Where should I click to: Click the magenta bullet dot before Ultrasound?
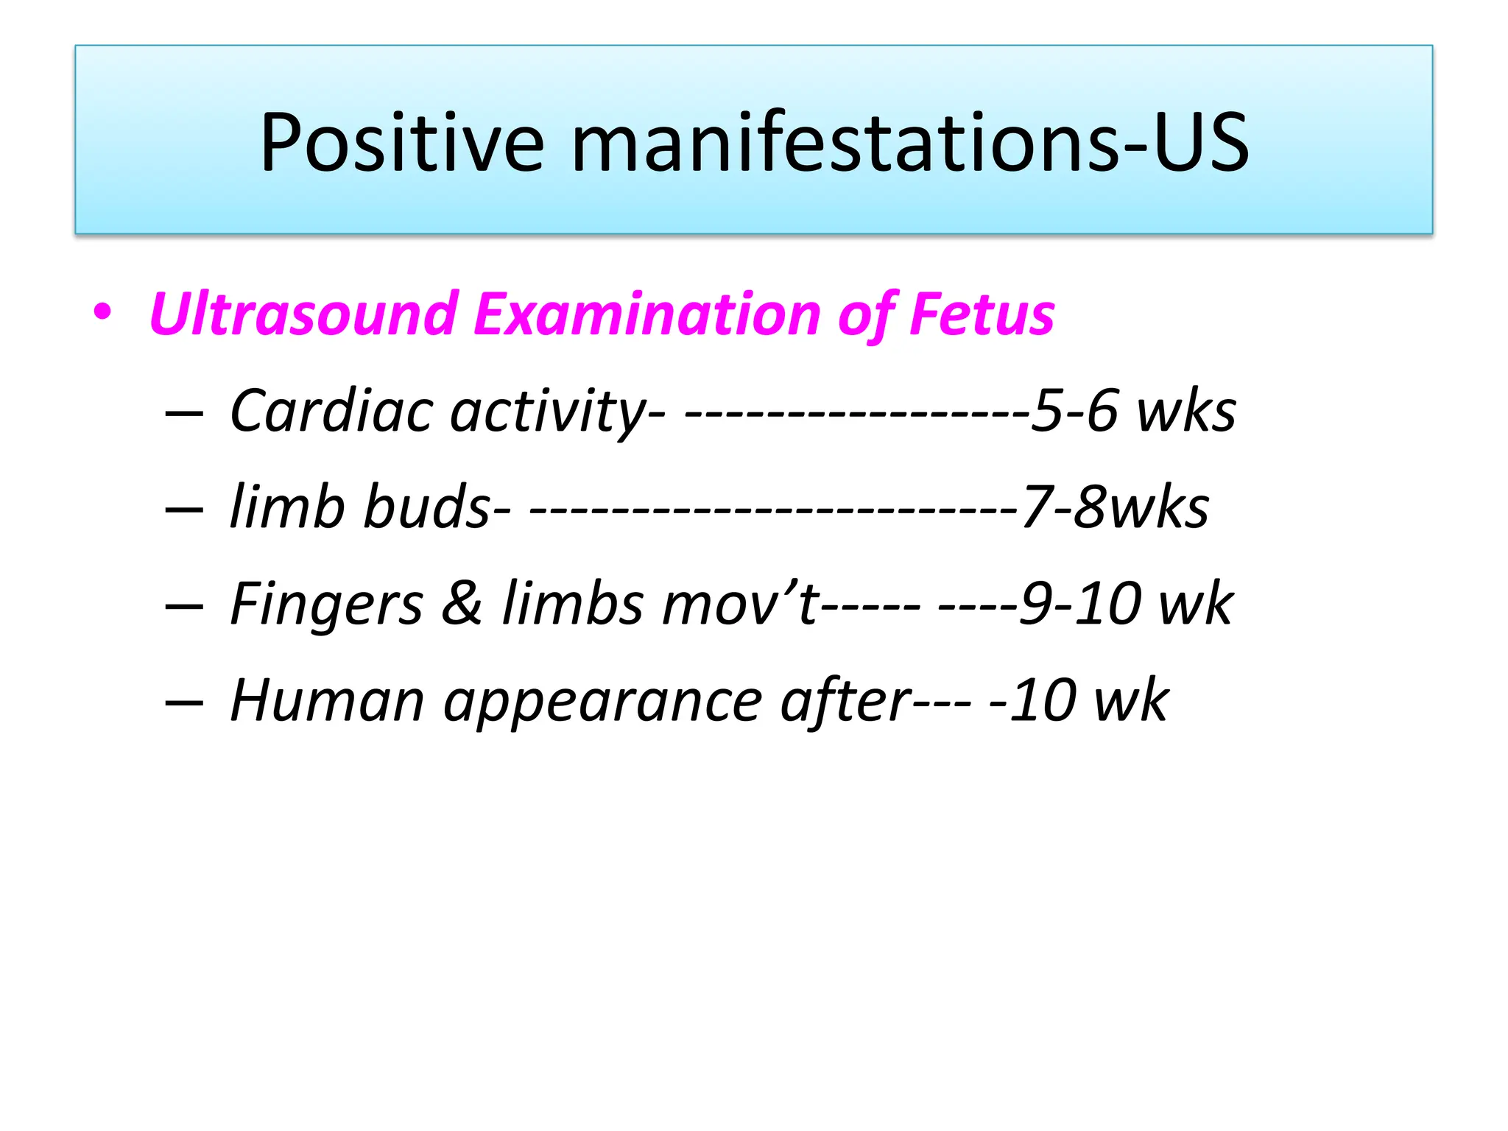pos(102,313)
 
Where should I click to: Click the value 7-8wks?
pos(1115,507)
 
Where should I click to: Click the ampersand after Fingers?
pos(462,603)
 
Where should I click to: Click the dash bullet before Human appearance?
pos(184,702)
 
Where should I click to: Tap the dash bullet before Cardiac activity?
pos(184,413)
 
